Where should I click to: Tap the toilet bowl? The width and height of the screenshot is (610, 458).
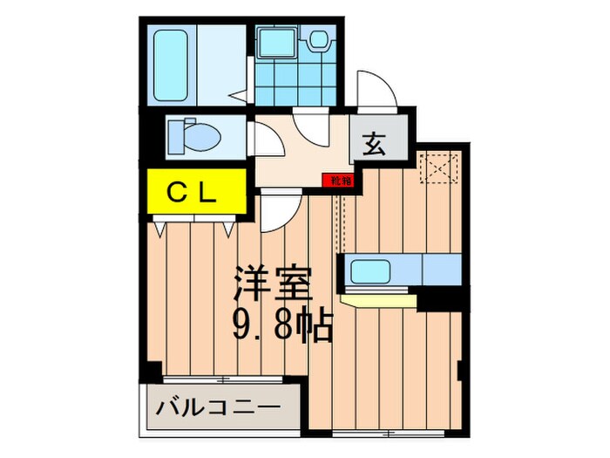tap(197, 135)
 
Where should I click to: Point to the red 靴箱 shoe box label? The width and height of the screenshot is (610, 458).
tap(341, 181)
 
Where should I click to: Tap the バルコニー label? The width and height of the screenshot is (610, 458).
tap(218, 407)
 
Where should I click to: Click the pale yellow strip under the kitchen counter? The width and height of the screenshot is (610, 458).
tap(380, 300)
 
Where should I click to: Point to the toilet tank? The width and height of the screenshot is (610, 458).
tap(173, 135)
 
